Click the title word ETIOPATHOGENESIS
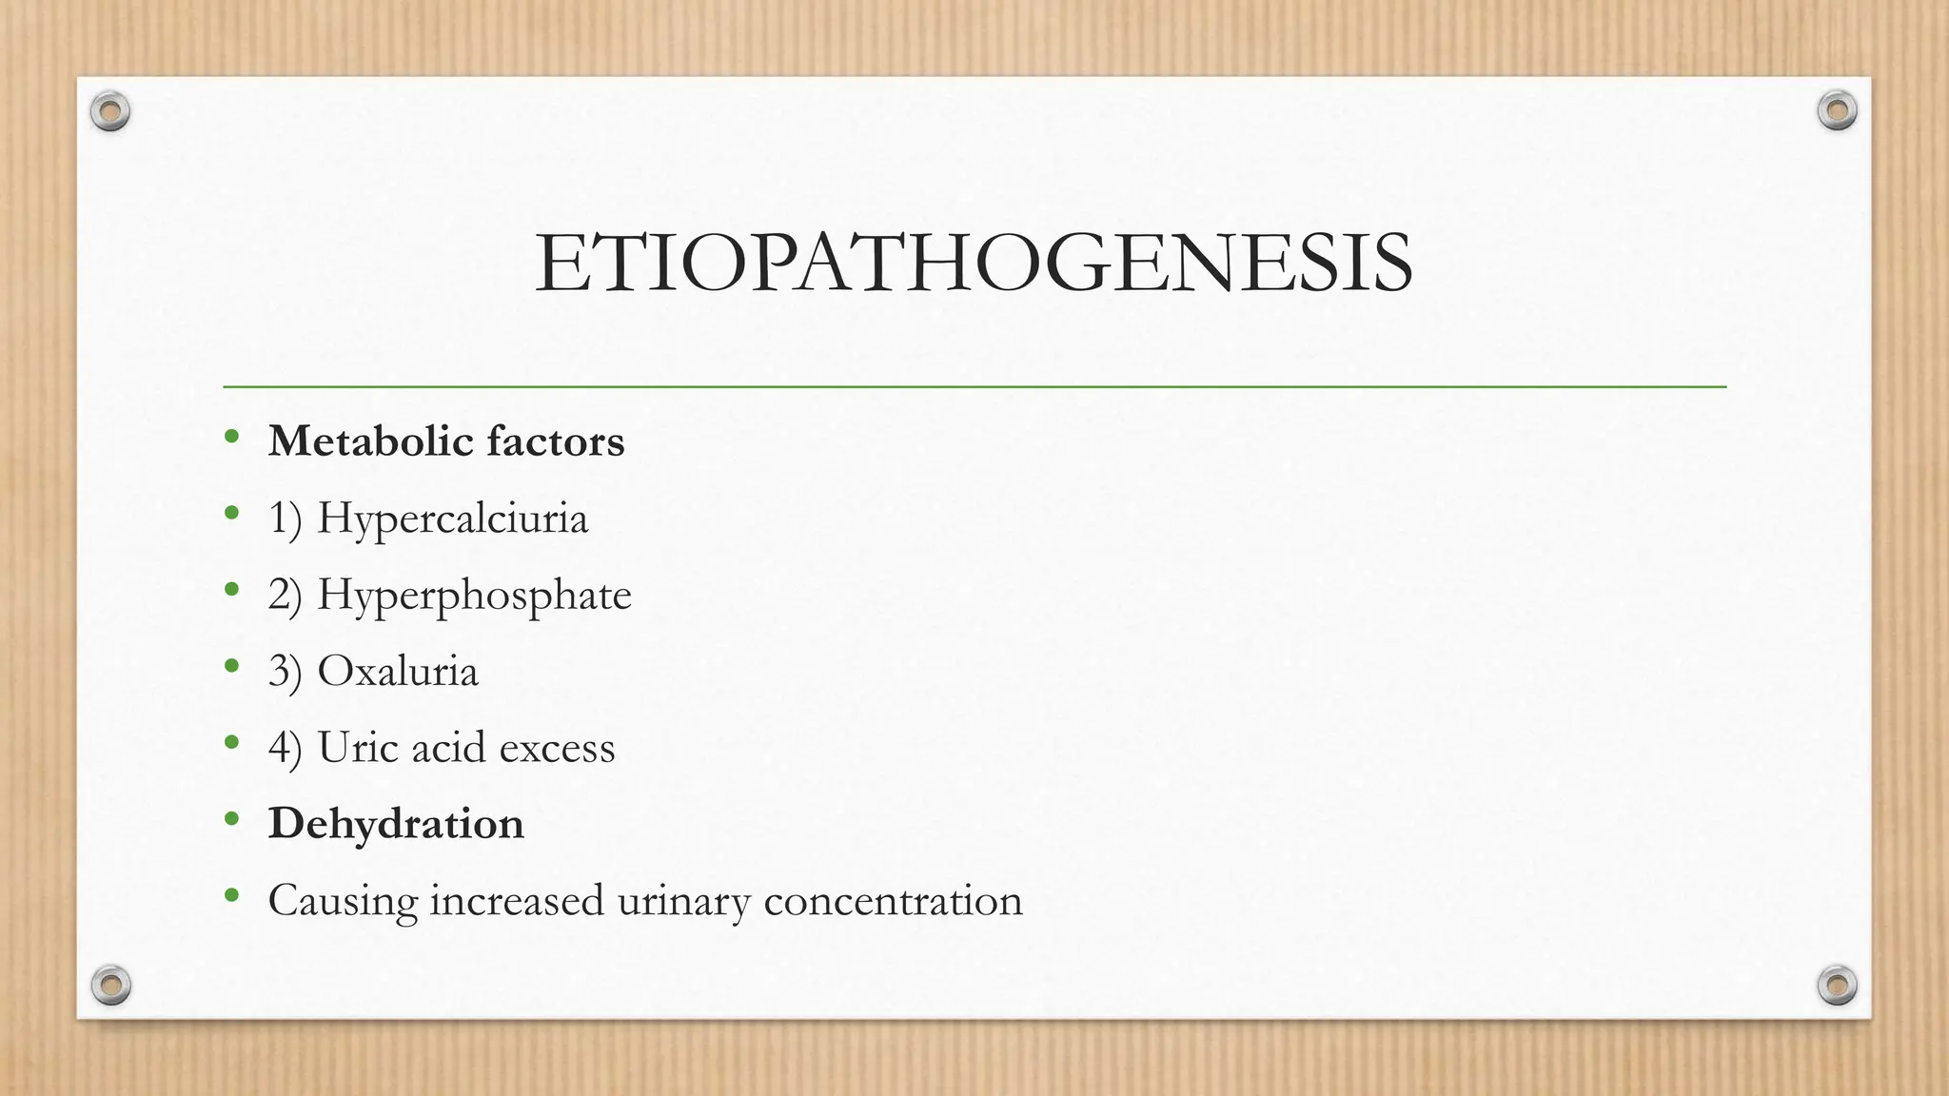pos(974,264)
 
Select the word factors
pos(556,441)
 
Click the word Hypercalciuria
pos(452,519)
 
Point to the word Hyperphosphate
pos(474,596)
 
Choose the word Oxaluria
pos(397,672)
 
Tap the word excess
pos(557,749)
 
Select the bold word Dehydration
pos(396,824)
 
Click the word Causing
pos(343,902)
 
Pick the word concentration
pos(893,900)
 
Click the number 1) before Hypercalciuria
pos(285,519)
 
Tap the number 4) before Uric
pos(285,749)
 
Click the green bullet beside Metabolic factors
pos(231,437)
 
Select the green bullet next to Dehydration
pos(231,818)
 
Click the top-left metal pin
pos(110,112)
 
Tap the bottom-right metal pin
pos(1837,985)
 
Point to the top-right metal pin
pos(1837,111)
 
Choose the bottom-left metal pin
pos(110,985)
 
